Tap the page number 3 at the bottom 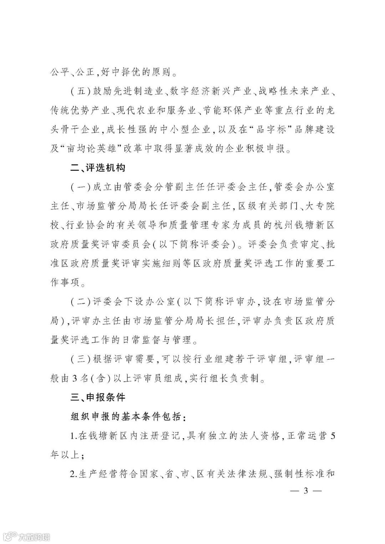pos(305,491)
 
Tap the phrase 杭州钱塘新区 pos(305,225)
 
